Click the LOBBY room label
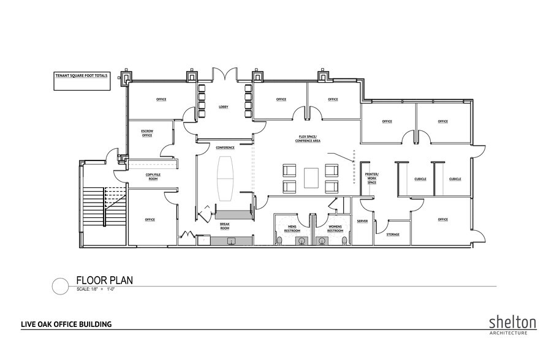click(223, 107)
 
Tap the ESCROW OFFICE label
click(147, 133)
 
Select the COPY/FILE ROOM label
click(153, 177)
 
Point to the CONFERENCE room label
click(225, 148)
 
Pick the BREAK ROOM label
click(225, 226)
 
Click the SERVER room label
click(362, 221)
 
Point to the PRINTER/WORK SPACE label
click(373, 178)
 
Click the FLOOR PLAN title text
click(104, 280)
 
